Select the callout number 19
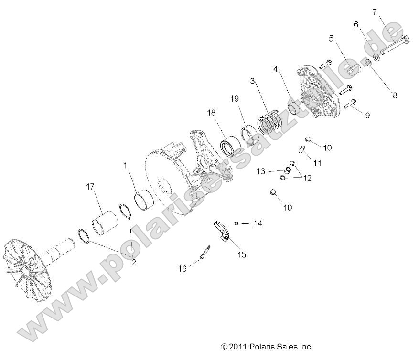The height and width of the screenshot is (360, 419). pyautogui.click(x=234, y=100)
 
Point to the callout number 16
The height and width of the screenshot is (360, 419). pyautogui.click(x=182, y=268)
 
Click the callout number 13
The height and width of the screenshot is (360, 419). pyautogui.click(x=260, y=170)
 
